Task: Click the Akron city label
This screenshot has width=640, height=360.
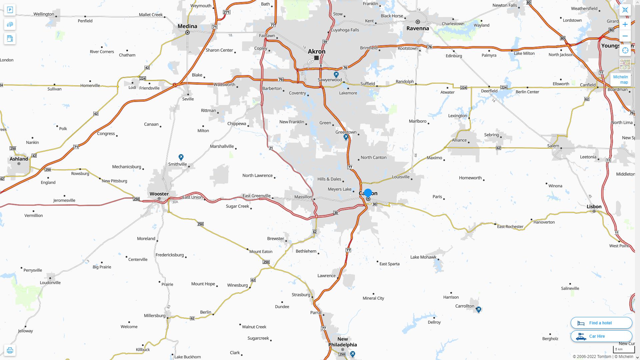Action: click(316, 51)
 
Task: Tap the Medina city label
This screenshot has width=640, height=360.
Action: click(187, 26)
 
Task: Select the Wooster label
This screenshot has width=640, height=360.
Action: click(159, 194)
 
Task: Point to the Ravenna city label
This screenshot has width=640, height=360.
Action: click(418, 28)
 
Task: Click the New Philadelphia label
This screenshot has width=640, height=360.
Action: click(342, 342)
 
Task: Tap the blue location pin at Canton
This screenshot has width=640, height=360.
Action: click(368, 193)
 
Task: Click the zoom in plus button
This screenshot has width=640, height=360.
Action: click(625, 24)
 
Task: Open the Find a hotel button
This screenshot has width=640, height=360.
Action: click(601, 323)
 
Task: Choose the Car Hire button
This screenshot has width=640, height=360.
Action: click(601, 336)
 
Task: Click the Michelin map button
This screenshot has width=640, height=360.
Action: click(620, 80)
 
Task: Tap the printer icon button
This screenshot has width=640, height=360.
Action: click(10, 350)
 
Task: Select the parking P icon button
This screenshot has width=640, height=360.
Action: click(10, 10)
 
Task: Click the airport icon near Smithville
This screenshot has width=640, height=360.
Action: click(181, 157)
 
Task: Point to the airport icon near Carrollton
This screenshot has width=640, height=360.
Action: click(478, 310)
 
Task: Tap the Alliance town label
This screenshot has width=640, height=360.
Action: click(459, 140)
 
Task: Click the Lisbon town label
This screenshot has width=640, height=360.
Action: click(594, 206)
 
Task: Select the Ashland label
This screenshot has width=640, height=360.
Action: click(19, 159)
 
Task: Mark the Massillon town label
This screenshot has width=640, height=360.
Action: click(303, 197)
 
